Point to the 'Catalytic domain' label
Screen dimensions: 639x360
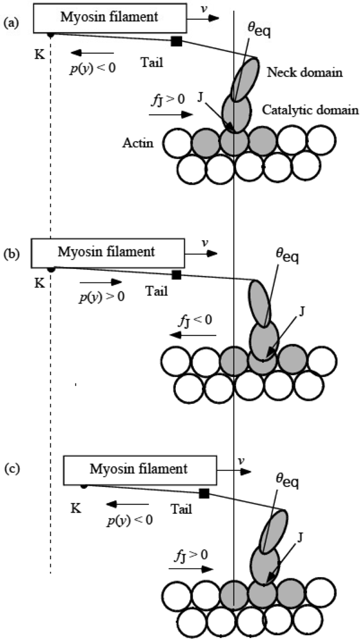[313, 109]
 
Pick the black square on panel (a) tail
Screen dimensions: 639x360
[176, 42]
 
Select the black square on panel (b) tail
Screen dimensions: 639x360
[177, 275]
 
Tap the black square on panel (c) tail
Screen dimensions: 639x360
[204, 493]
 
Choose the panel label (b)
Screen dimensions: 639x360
[10, 254]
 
